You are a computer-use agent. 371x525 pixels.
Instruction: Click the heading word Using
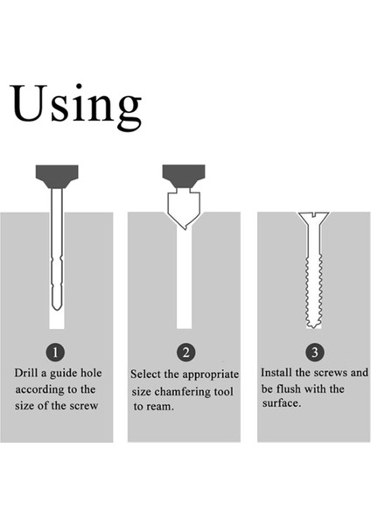[76, 107]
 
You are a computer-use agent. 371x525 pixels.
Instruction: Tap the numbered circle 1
[55, 352]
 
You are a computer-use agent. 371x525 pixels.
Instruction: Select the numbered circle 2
[185, 353]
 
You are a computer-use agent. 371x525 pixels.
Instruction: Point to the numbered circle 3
[315, 352]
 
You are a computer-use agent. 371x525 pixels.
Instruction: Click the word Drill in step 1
[26, 373]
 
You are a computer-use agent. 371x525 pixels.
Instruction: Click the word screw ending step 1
[83, 406]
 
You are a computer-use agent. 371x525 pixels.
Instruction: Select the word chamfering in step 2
[183, 392]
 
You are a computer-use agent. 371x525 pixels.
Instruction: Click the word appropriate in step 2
[211, 375]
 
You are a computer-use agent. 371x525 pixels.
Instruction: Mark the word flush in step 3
[288, 389]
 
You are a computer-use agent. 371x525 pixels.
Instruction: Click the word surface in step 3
[282, 403]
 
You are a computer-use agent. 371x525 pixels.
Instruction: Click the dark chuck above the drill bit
[57, 177]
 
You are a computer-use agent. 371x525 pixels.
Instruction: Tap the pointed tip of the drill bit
[57, 310]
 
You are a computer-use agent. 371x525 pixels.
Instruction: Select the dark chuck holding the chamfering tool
[184, 176]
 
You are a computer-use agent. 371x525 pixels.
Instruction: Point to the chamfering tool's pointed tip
[184, 229]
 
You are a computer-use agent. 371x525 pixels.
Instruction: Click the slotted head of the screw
[314, 217]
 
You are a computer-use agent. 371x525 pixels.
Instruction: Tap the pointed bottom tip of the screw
[313, 327]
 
